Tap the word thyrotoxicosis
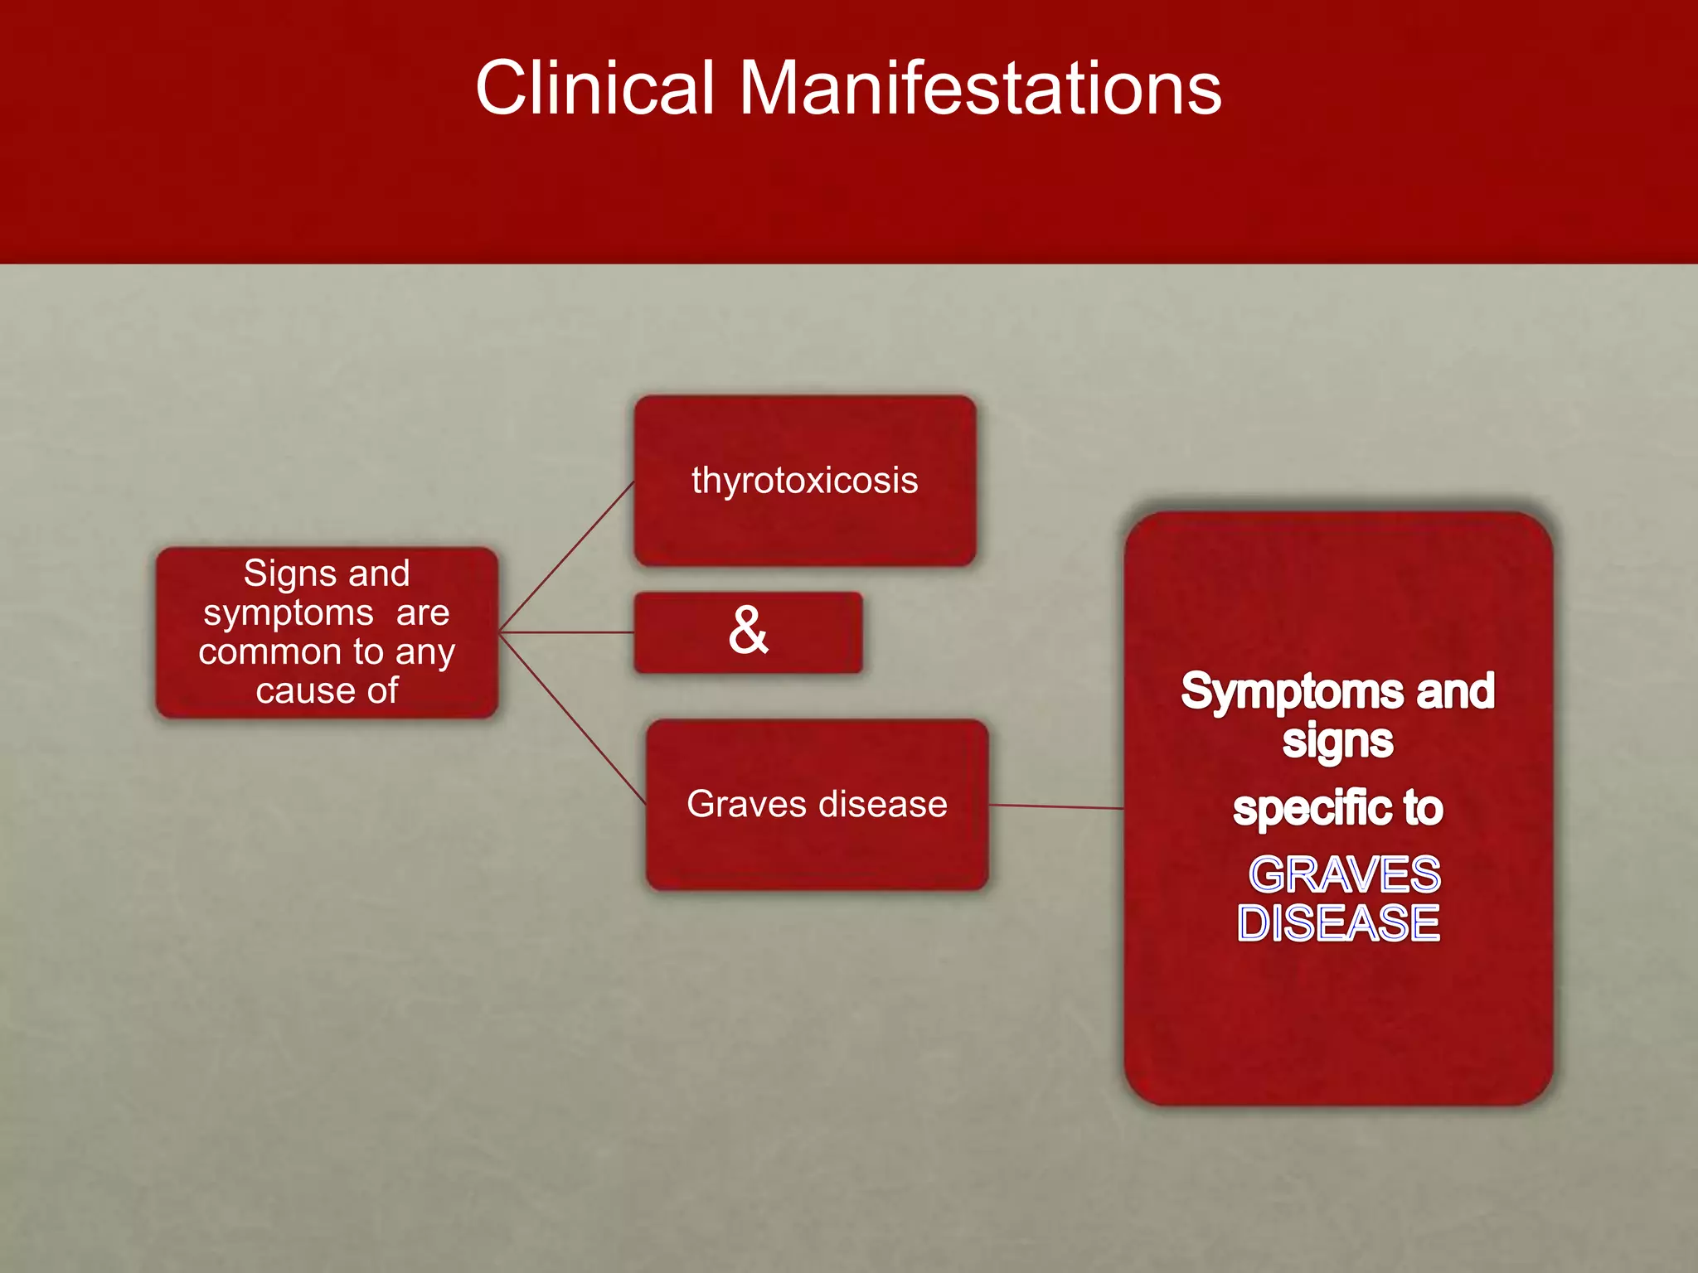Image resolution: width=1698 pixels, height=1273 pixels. coord(804,481)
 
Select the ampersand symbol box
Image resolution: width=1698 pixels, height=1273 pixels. coord(748,632)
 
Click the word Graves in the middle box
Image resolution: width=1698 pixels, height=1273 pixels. coord(746,804)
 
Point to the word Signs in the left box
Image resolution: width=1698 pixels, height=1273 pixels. coord(279,574)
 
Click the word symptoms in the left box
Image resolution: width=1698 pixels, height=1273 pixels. coord(289,613)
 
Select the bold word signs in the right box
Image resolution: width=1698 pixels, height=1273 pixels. coord(1337,740)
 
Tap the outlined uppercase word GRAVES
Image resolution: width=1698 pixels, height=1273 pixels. coord(1344,874)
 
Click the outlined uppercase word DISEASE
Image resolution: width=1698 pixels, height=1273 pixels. coord(1338,923)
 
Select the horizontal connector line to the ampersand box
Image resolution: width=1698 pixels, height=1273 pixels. coord(567,632)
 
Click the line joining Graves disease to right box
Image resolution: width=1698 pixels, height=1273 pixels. coord(1056,806)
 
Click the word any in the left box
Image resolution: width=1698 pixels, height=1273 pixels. coord(424,652)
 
